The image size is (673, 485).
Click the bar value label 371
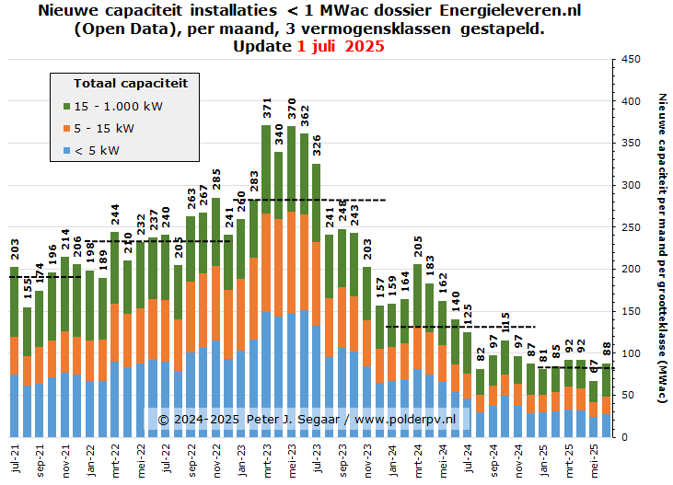click(x=267, y=108)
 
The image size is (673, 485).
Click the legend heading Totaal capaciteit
click(x=130, y=83)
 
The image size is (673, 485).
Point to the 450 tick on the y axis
click(x=631, y=59)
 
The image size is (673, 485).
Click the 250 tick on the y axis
click(x=631, y=227)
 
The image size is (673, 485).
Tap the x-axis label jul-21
click(x=15, y=457)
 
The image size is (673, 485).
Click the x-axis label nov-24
click(x=518, y=457)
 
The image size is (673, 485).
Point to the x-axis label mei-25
click(x=594, y=457)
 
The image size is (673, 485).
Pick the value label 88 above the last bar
click(x=607, y=350)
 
